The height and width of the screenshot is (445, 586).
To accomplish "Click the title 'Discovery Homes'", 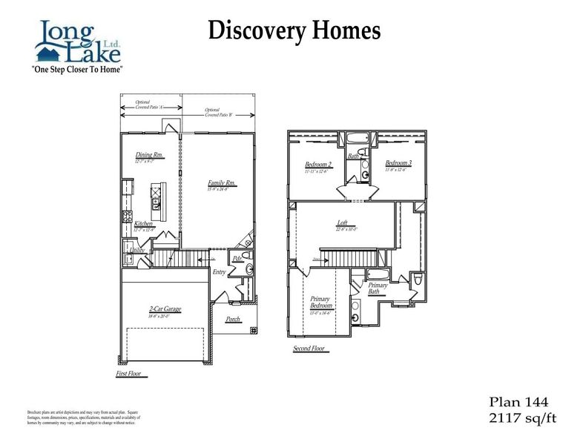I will [294, 30].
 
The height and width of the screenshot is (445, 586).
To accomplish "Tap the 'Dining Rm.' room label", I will [149, 156].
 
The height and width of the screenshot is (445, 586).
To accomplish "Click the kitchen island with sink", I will [157, 196].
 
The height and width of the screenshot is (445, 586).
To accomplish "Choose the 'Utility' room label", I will [136, 251].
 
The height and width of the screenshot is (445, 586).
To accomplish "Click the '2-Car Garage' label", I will [165, 309].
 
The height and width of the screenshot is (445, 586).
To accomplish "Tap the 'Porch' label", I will [233, 319].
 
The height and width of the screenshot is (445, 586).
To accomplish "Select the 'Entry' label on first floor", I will [219, 272].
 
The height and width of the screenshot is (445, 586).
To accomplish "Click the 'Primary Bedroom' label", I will [321, 303].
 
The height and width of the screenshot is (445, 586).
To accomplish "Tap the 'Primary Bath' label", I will [378, 289].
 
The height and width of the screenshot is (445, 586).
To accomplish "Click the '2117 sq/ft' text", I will [521, 418].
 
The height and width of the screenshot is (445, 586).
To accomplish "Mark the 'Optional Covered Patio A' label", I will [151, 105].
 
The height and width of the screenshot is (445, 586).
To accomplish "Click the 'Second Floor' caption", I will [310, 348].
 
